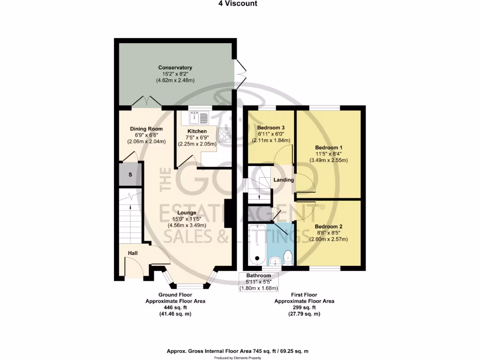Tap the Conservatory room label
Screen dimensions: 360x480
click(x=175, y=68)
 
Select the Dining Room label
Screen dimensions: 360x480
click(x=146, y=129)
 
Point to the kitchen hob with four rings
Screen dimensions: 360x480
click(x=224, y=135)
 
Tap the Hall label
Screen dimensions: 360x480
click(x=133, y=253)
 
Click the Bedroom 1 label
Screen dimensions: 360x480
click(x=328, y=147)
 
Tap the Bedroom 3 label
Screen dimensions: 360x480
click(x=271, y=127)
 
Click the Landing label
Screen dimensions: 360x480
click(x=284, y=180)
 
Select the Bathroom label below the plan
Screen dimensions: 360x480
click(x=259, y=276)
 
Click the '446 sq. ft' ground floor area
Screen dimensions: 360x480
click(x=175, y=307)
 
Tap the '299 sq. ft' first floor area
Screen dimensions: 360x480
click(x=304, y=307)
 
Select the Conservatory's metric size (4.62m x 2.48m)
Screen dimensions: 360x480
click(x=175, y=81)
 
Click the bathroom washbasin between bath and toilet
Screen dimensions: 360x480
click(x=276, y=260)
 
